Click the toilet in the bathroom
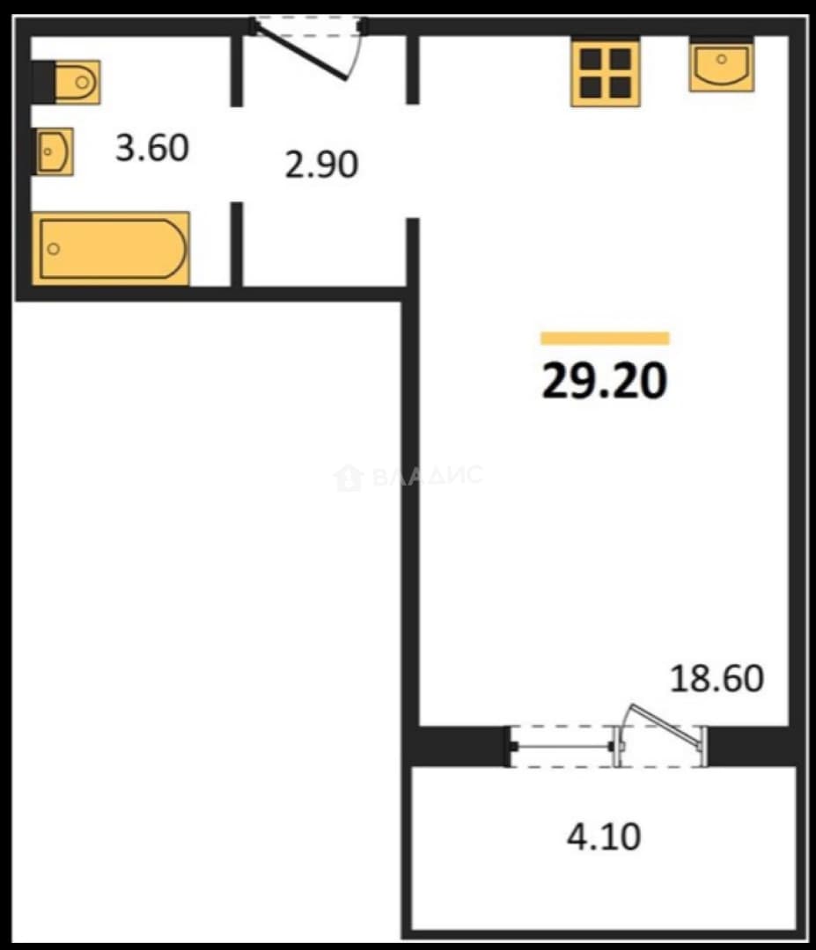point(67,82)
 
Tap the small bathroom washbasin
point(54,151)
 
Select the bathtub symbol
point(111,248)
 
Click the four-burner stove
point(605,72)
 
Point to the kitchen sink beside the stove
point(722,65)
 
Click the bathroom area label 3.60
point(152,147)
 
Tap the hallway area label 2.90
point(321,164)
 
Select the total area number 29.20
point(605,381)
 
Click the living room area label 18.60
point(717,678)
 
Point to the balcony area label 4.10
point(604,837)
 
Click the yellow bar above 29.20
point(605,338)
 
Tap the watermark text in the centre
point(428,475)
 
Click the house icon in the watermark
point(349,477)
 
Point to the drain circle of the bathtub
point(54,248)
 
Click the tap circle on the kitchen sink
point(722,60)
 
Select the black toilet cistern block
point(43,82)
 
